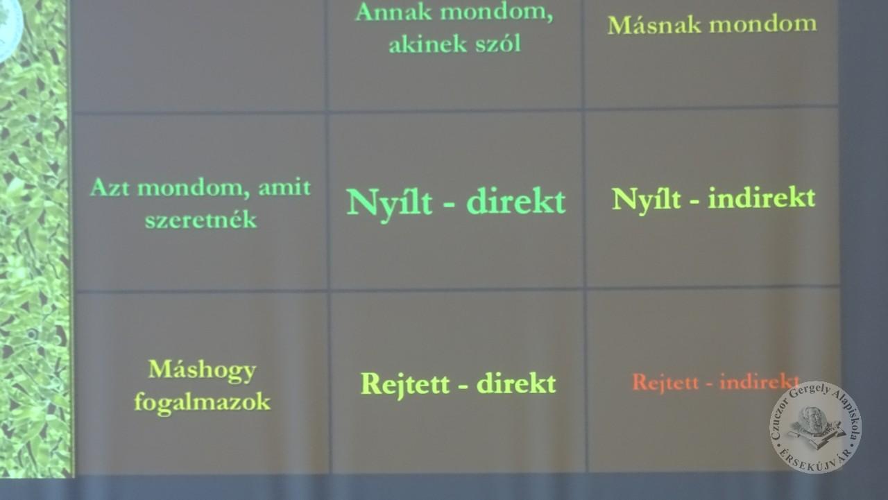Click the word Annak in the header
tap(393, 12)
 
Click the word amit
tap(284, 187)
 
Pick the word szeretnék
tap(200, 219)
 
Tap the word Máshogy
tap(202, 370)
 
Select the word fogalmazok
tap(202, 402)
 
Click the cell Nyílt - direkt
tap(456, 202)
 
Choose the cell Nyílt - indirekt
tap(714, 198)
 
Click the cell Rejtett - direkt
tap(459, 383)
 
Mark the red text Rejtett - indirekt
tap(715, 382)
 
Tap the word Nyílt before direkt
tap(389, 204)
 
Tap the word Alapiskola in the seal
tap(848, 416)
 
